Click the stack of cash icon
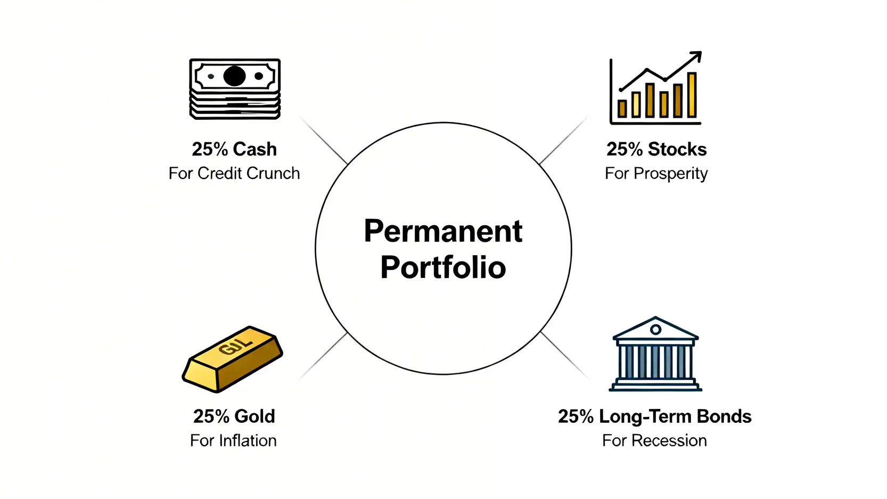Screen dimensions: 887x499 point(235,89)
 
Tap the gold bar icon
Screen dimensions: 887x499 point(233,359)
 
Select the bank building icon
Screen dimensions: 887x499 point(655,354)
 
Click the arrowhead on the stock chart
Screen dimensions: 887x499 point(696,57)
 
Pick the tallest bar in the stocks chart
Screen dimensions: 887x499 point(692,95)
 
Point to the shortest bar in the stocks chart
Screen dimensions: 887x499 point(622,109)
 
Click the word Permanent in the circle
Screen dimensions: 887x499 point(443,231)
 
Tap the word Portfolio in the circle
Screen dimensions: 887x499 point(443,268)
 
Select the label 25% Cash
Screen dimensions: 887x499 point(234,149)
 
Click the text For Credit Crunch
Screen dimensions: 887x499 point(234,174)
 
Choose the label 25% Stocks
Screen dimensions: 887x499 point(656,149)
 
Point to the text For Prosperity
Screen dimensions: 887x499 point(656,174)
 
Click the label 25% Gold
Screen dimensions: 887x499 point(234,416)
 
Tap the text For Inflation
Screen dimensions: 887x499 point(233,441)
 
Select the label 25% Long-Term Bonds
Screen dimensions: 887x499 point(654,416)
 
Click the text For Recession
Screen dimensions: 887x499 point(654,441)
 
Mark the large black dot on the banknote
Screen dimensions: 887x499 point(234,76)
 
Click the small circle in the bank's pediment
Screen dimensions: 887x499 point(655,330)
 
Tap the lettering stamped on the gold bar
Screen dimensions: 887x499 point(236,345)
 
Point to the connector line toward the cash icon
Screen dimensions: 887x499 point(324,140)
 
